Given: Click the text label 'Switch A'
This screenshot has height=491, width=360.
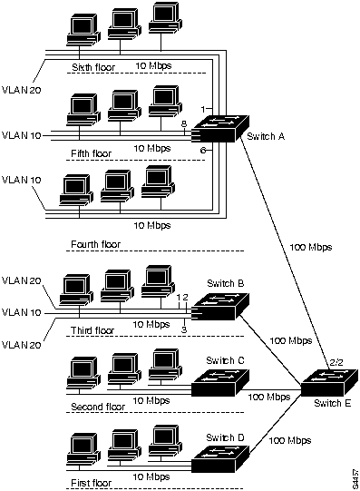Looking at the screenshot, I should (x=266, y=136).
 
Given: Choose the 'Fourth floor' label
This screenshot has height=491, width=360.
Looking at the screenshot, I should (x=95, y=244).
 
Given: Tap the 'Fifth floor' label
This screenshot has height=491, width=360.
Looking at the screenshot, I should (x=91, y=154).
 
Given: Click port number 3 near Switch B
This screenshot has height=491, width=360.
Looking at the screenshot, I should (x=184, y=329).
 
